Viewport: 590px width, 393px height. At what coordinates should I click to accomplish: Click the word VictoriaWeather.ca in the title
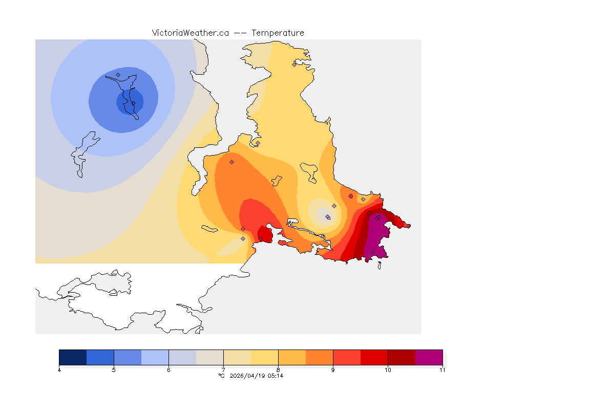pyautogui.click(x=190, y=33)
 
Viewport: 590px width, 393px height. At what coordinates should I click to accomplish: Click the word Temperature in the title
pyautogui.click(x=278, y=33)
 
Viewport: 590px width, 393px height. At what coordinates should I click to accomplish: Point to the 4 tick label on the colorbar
pyautogui.click(x=59, y=370)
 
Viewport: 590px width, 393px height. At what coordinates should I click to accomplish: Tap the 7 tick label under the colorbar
pyautogui.click(x=223, y=370)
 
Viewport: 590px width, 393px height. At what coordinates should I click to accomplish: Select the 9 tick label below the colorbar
pyautogui.click(x=333, y=370)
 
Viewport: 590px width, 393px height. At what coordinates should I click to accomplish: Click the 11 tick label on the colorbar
pyautogui.click(x=441, y=370)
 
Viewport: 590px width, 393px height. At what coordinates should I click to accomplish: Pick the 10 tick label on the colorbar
pyautogui.click(x=388, y=370)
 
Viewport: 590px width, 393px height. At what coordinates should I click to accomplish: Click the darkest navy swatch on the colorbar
pyautogui.click(x=73, y=357)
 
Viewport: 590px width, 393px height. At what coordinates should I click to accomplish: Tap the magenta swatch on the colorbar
pyautogui.click(x=429, y=357)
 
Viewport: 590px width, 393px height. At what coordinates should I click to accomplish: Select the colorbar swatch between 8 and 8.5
pyautogui.click(x=292, y=357)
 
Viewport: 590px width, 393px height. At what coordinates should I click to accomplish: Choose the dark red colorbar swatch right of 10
pyautogui.click(x=402, y=357)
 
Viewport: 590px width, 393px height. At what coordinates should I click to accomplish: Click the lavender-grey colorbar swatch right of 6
pyautogui.click(x=182, y=357)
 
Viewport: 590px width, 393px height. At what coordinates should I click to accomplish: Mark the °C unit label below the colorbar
pyautogui.click(x=221, y=376)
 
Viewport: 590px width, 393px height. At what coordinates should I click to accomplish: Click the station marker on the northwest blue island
pyautogui.click(x=118, y=75)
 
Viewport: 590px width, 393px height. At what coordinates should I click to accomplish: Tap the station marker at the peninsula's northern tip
pyautogui.click(x=294, y=64)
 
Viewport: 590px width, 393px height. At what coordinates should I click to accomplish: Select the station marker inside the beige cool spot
pyautogui.click(x=328, y=217)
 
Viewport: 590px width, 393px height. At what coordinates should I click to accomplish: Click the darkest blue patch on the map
pyautogui.click(x=130, y=102)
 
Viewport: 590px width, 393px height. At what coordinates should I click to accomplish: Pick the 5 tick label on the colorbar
pyautogui.click(x=114, y=370)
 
